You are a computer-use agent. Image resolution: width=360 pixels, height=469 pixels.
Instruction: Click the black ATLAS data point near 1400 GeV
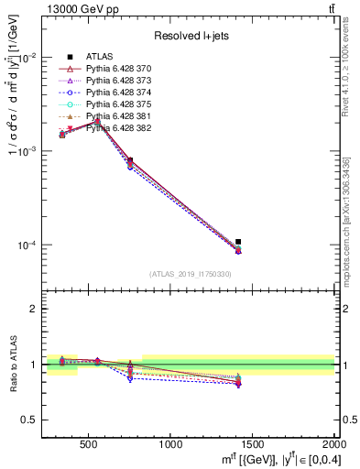click(238, 242)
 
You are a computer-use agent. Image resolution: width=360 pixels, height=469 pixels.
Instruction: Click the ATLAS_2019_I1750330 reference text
click(190, 274)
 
